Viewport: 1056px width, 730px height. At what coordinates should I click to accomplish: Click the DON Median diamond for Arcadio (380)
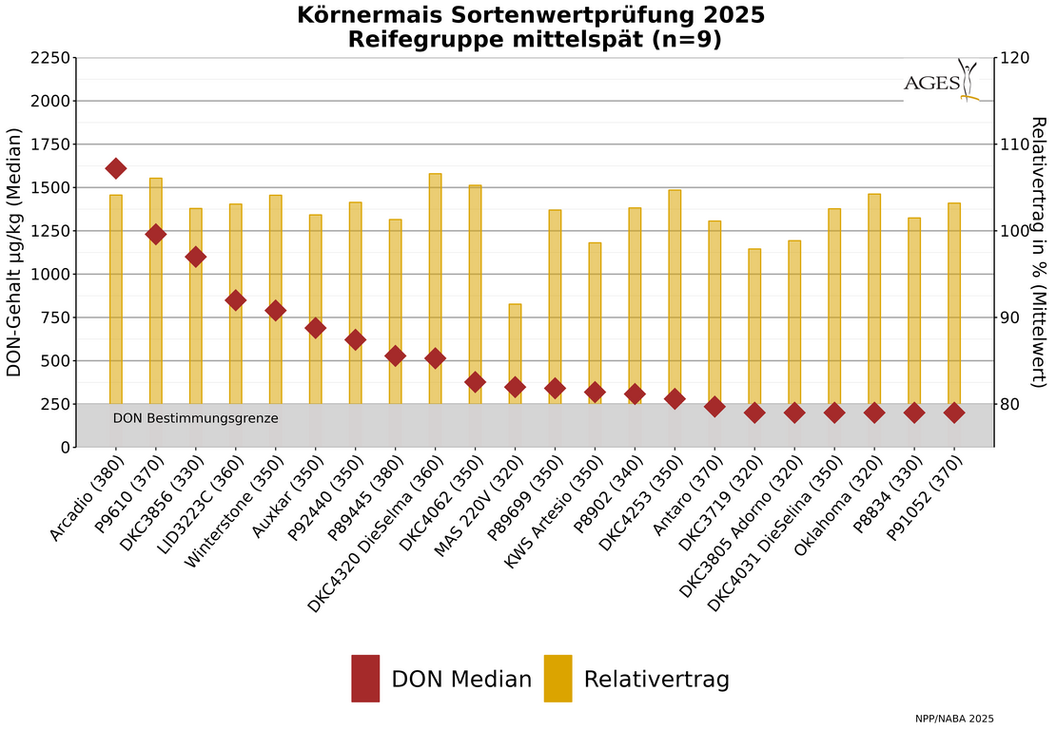pyautogui.click(x=116, y=168)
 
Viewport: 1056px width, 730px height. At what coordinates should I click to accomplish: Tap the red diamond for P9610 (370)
pyautogui.click(x=156, y=234)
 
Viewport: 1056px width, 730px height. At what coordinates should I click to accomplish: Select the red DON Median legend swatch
pyautogui.click(x=365, y=679)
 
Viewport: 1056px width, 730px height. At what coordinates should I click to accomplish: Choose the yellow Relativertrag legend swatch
pyautogui.click(x=557, y=679)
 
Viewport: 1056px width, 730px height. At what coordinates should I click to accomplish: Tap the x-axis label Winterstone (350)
pyautogui.click(x=234, y=511)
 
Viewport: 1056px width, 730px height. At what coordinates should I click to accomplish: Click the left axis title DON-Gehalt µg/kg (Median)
pyautogui.click(x=14, y=252)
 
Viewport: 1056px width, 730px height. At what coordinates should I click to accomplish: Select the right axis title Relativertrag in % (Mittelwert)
pyautogui.click(x=1039, y=252)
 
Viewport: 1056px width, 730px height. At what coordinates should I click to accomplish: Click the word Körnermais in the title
pyautogui.click(x=367, y=15)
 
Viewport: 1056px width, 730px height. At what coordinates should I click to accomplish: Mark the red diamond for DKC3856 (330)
pyautogui.click(x=196, y=257)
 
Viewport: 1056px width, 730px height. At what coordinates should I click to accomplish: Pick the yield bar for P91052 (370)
pyautogui.click(x=954, y=304)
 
